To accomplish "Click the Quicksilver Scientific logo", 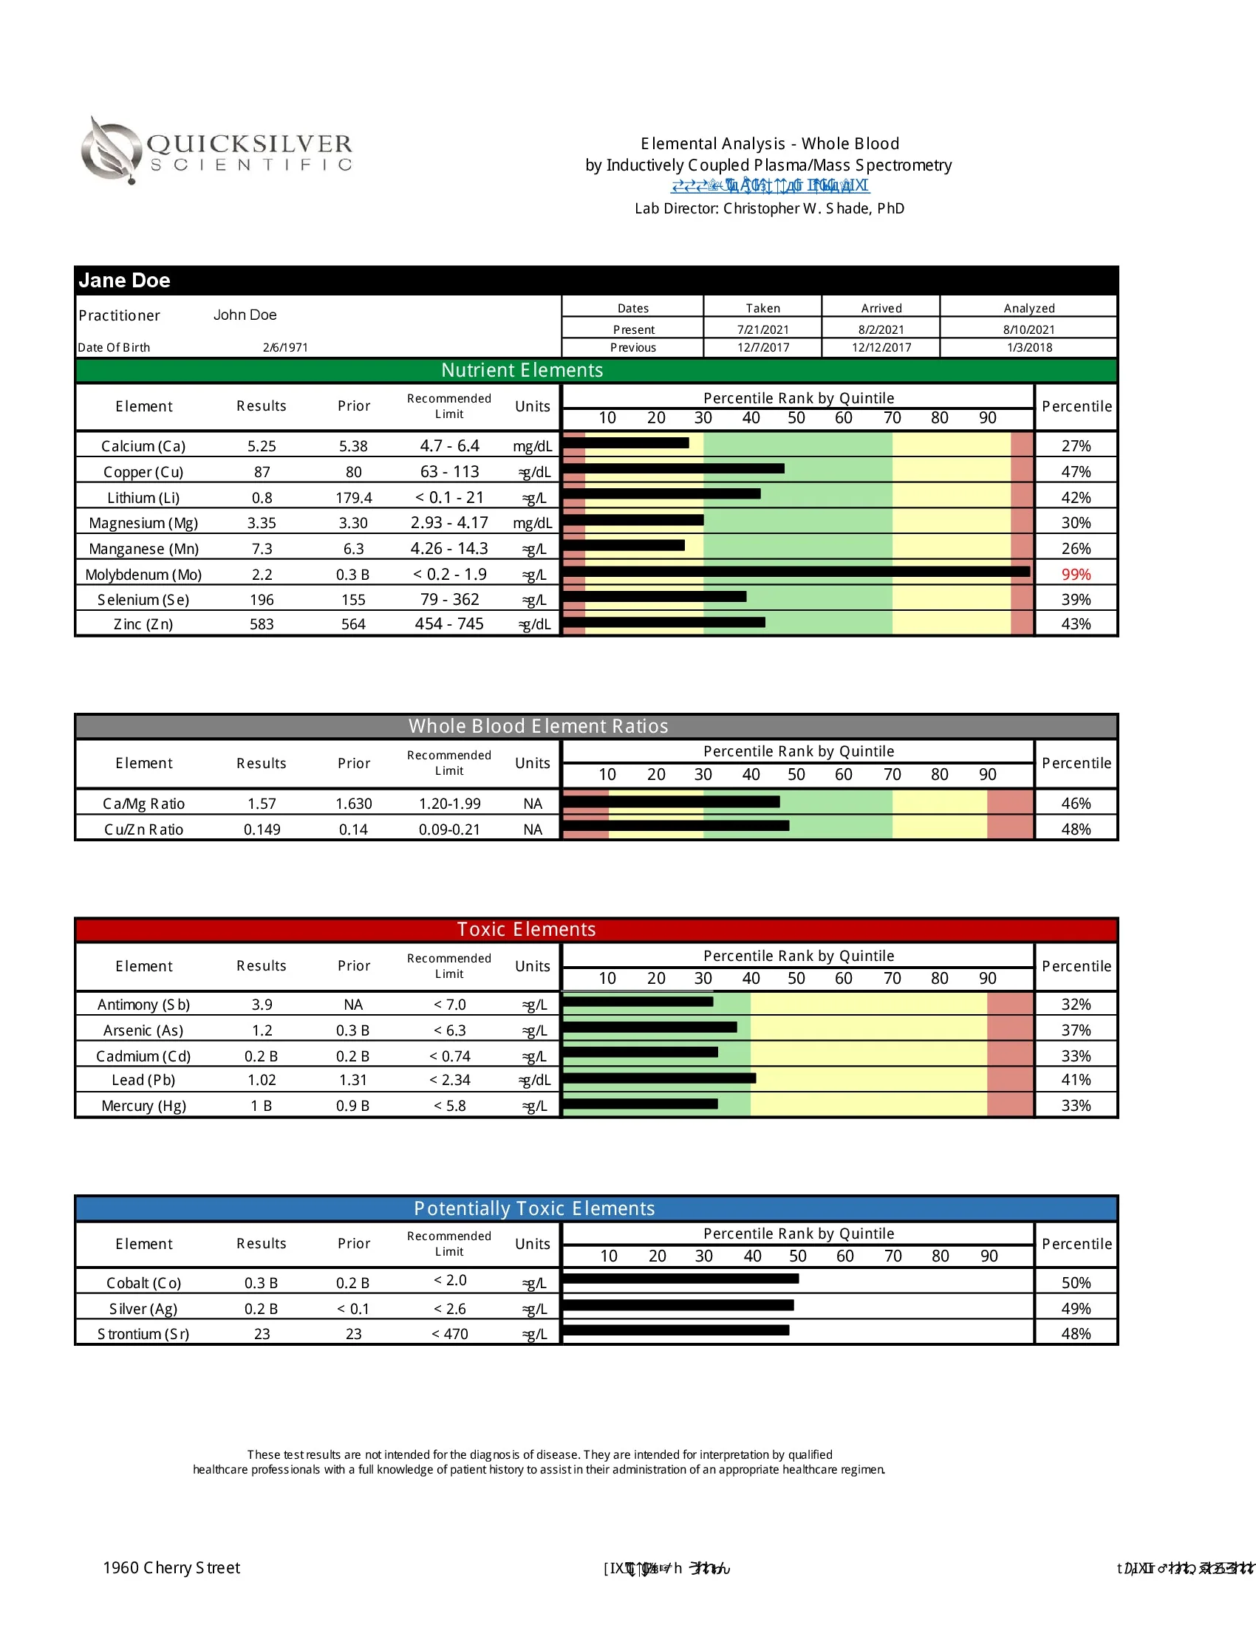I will pos(216,151).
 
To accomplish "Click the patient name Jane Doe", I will pos(124,281).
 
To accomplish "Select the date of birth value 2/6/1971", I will pos(285,347).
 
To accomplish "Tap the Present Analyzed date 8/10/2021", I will pos(1028,329).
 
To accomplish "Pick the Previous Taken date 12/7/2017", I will pos(762,347).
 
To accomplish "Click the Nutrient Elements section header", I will pos(522,371).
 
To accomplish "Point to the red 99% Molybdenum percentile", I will pos(1075,575).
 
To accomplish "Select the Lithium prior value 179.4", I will pos(353,498).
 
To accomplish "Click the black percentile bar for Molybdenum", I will pos(796,572).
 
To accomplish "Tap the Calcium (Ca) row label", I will pos(143,446).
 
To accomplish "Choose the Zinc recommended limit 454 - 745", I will pos(448,624).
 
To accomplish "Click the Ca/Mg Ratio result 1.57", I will pos(262,804).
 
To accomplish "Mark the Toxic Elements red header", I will pos(526,929).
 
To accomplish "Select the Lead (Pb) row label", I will pos(143,1080).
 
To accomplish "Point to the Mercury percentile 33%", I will pos(1075,1106).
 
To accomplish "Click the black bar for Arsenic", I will pos(649,1027).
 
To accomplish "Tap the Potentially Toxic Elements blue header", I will pos(534,1208).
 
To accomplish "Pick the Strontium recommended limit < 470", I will pos(449,1334).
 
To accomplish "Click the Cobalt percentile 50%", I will pos(1075,1283).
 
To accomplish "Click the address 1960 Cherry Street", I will pos(172,1567).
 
